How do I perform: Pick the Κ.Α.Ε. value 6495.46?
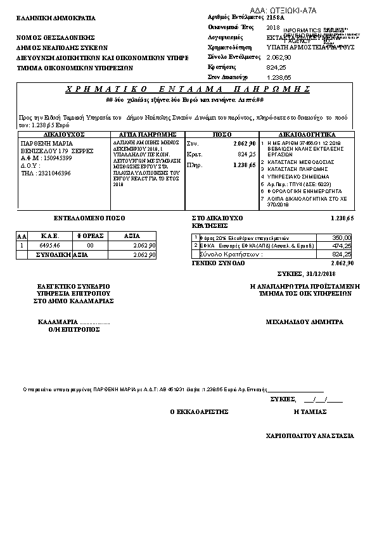(x=49, y=244)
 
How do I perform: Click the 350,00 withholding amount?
(x=342, y=237)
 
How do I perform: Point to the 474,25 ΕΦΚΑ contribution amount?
(x=342, y=246)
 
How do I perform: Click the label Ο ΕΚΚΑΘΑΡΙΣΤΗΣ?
(x=198, y=411)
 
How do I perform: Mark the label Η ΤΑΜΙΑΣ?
(x=310, y=411)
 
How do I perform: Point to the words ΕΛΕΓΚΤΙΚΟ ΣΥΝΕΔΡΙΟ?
(x=73, y=286)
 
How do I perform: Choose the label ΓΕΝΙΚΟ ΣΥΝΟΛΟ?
(x=219, y=262)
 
